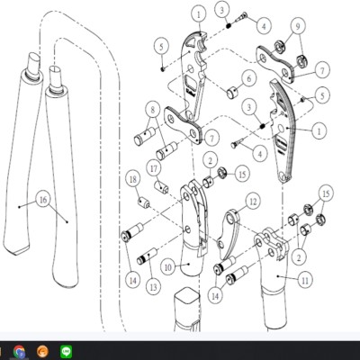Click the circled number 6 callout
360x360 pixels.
pos(249,78)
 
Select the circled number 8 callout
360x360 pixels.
pos(153,110)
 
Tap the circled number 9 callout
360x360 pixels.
pos(297,26)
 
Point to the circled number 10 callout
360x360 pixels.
pos(168,266)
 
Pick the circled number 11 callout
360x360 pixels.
pos(305,280)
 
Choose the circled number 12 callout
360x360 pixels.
pos(253,201)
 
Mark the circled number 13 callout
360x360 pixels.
pos(153,287)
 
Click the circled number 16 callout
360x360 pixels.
pos(43,199)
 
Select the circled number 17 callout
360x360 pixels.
pos(154,168)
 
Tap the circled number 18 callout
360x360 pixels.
pos(133,179)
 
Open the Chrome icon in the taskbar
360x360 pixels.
pos(19,351)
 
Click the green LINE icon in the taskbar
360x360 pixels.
pos(67,351)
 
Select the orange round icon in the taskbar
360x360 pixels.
pos(43,351)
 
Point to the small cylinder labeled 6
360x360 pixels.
pos(233,92)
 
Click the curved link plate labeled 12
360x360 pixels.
pos(229,234)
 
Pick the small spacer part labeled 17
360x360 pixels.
pos(161,186)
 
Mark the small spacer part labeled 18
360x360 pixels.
pos(143,202)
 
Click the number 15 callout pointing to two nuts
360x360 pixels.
pos(326,193)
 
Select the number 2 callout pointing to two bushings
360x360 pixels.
pos(299,257)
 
